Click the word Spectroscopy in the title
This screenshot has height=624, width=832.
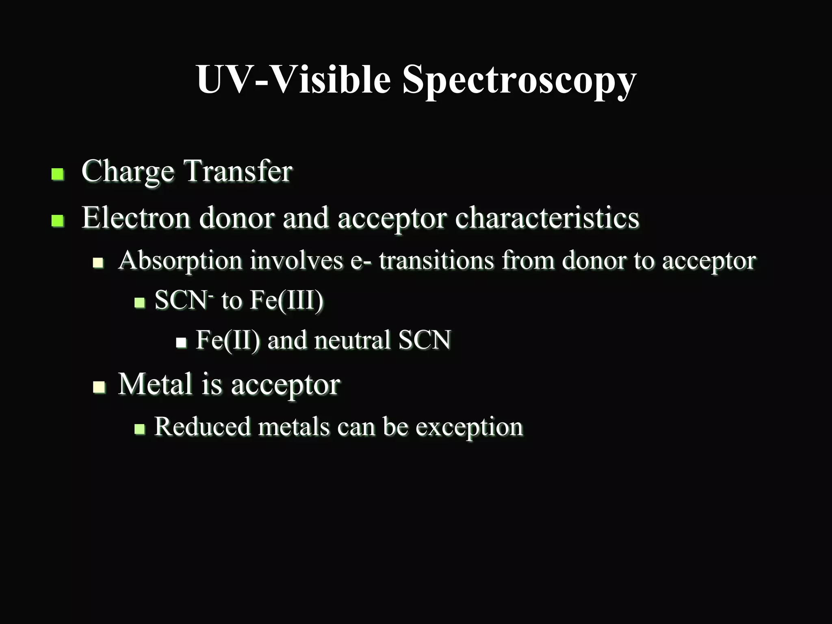click(519, 80)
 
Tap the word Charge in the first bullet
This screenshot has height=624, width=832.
click(128, 171)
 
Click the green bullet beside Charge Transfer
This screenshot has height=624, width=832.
click(58, 174)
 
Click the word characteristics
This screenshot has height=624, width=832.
click(547, 218)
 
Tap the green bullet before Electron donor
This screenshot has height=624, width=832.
click(58, 221)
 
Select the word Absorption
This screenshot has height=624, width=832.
click(180, 261)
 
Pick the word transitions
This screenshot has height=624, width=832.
click(436, 260)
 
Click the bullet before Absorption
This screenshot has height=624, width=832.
click(98, 263)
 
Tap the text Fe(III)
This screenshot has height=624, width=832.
click(286, 300)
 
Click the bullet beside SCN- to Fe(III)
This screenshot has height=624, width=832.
click(139, 303)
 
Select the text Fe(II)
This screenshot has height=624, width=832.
click(227, 340)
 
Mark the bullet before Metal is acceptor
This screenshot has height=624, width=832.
click(99, 387)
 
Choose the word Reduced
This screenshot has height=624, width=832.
click(202, 427)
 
